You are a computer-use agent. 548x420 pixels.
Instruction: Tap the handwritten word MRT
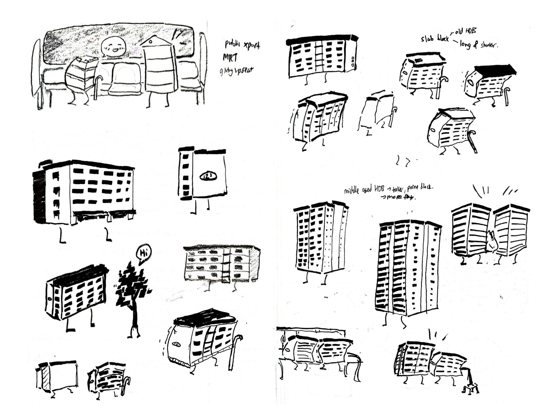coord(230,58)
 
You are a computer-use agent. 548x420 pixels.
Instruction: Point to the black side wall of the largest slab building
coord(39,197)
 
